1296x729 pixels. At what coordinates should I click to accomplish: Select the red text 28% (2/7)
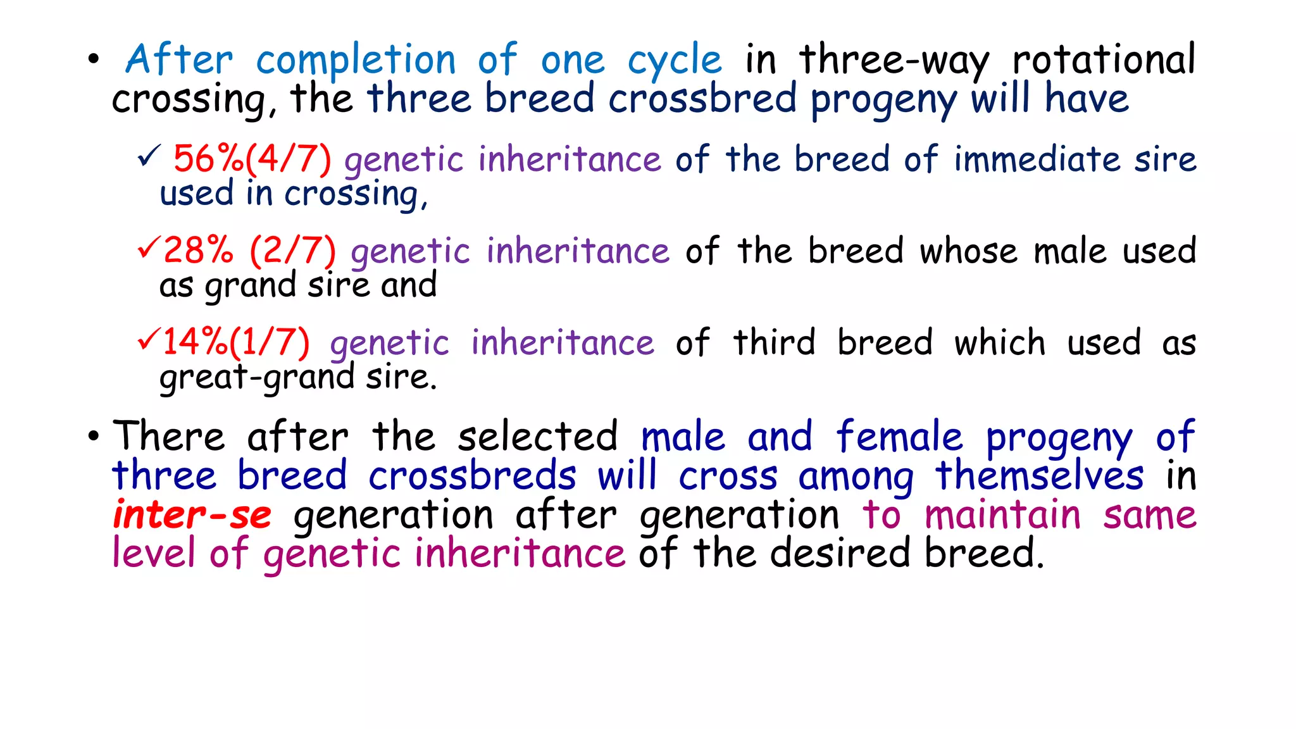pyautogui.click(x=249, y=251)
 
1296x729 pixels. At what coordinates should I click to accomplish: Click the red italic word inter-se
pyautogui.click(x=192, y=514)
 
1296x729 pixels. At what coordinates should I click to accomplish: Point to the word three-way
pyautogui.click(x=894, y=61)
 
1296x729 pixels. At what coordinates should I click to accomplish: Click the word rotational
pyautogui.click(x=1104, y=59)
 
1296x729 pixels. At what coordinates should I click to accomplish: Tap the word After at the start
pyautogui.click(x=180, y=59)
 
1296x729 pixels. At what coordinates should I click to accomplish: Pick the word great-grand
pyautogui.click(x=256, y=378)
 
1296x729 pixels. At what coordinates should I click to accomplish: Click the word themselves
pyautogui.click(x=1040, y=476)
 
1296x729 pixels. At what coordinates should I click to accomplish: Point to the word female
pyautogui.click(x=899, y=437)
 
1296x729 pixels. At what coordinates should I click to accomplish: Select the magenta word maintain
pyautogui.click(x=1002, y=514)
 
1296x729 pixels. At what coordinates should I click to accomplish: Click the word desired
pyautogui.click(x=840, y=553)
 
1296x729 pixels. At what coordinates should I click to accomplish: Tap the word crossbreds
pyautogui.click(x=472, y=476)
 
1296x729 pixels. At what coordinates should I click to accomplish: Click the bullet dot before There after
pyautogui.click(x=94, y=436)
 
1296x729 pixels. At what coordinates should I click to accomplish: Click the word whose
pyautogui.click(x=968, y=251)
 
